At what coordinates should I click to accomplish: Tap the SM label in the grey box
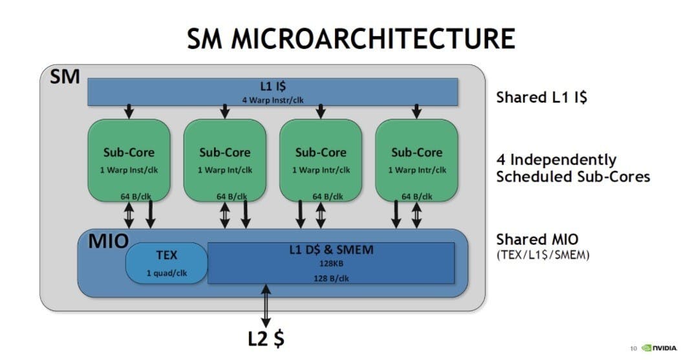pyautogui.click(x=65, y=77)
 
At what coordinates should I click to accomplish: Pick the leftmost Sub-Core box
pyautogui.click(x=129, y=159)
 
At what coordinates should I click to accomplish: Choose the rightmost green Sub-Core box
pyautogui.click(x=416, y=159)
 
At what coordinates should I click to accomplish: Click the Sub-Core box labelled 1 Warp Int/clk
pyautogui.click(x=224, y=159)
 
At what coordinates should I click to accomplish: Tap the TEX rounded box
pyautogui.click(x=166, y=263)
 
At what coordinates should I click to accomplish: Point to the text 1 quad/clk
pyautogui.click(x=166, y=273)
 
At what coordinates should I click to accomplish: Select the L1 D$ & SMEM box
pyautogui.click(x=330, y=262)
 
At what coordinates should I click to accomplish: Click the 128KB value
pyautogui.click(x=330, y=263)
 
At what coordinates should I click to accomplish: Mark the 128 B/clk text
pyautogui.click(x=330, y=278)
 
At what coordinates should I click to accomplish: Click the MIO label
pyautogui.click(x=103, y=242)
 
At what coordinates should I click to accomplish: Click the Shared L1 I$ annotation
pyautogui.click(x=541, y=98)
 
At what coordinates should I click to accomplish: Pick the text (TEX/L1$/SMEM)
pyautogui.click(x=543, y=255)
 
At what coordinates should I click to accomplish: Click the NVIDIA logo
pyautogui.click(x=659, y=348)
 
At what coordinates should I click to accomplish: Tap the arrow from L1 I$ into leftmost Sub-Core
pyautogui.click(x=129, y=111)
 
